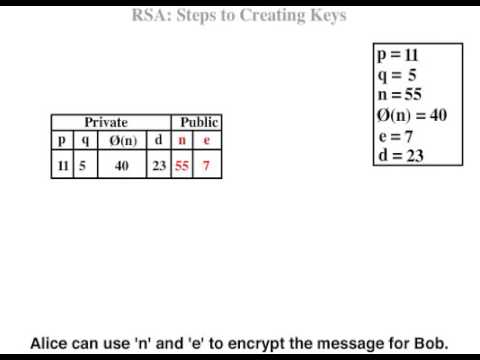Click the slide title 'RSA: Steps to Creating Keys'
[x=239, y=15]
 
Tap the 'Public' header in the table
[x=199, y=122]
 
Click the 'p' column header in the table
[x=62, y=140]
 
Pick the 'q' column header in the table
[x=84, y=141]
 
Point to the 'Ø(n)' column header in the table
[x=122, y=140]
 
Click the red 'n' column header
[x=182, y=140]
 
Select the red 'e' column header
[x=206, y=140]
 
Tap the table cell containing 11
[x=62, y=166]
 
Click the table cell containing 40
[x=122, y=166]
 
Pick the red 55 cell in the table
[x=182, y=166]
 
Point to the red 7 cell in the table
[x=206, y=166]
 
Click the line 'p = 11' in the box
[x=397, y=57]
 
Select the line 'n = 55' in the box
[x=399, y=95]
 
